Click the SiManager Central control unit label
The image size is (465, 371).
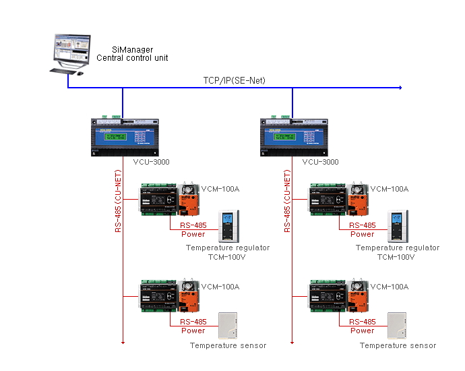tap(132, 54)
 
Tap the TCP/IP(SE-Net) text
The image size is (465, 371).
tap(235, 80)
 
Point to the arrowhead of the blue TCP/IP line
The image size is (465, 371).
tap(400, 88)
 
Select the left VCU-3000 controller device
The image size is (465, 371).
tap(123, 137)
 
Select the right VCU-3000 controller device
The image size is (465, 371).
tap(292, 137)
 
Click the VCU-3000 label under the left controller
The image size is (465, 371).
tap(150, 162)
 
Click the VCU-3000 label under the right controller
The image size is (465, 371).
tap(320, 162)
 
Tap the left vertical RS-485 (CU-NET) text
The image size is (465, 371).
tap(118, 200)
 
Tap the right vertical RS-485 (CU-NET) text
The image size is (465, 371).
tap(287, 200)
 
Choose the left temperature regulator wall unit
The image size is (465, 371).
tap(226, 227)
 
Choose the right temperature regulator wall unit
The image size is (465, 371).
tap(396, 227)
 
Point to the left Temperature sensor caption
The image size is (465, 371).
tap(228, 345)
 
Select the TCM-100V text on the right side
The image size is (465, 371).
tap(397, 257)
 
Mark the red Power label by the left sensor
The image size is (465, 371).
tap(193, 331)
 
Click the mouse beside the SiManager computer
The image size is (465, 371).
tap(80, 74)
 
